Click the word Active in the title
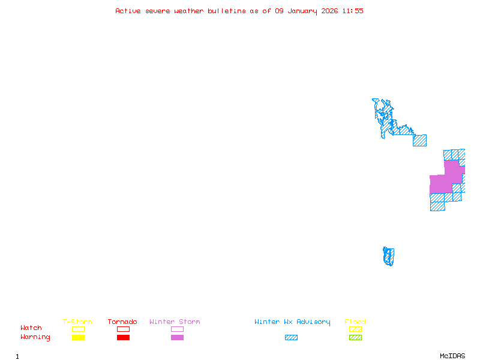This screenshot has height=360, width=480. [128, 11]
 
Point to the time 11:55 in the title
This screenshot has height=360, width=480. [353, 11]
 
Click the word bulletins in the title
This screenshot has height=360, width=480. [227, 11]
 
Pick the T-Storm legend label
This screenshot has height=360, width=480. [77, 322]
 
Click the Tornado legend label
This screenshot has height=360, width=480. [122, 322]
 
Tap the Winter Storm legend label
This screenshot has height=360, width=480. [175, 322]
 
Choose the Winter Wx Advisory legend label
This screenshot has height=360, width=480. [292, 322]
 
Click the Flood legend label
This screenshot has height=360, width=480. [355, 322]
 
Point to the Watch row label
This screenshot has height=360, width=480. [31, 328]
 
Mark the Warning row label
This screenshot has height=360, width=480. [35, 337]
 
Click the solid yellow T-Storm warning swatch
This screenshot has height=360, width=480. [78, 338]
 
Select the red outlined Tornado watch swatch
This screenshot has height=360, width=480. [123, 329]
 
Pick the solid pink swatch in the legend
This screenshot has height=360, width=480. [177, 338]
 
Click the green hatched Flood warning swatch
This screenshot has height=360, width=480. [355, 338]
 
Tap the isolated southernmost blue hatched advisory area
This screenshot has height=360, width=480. [389, 256]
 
